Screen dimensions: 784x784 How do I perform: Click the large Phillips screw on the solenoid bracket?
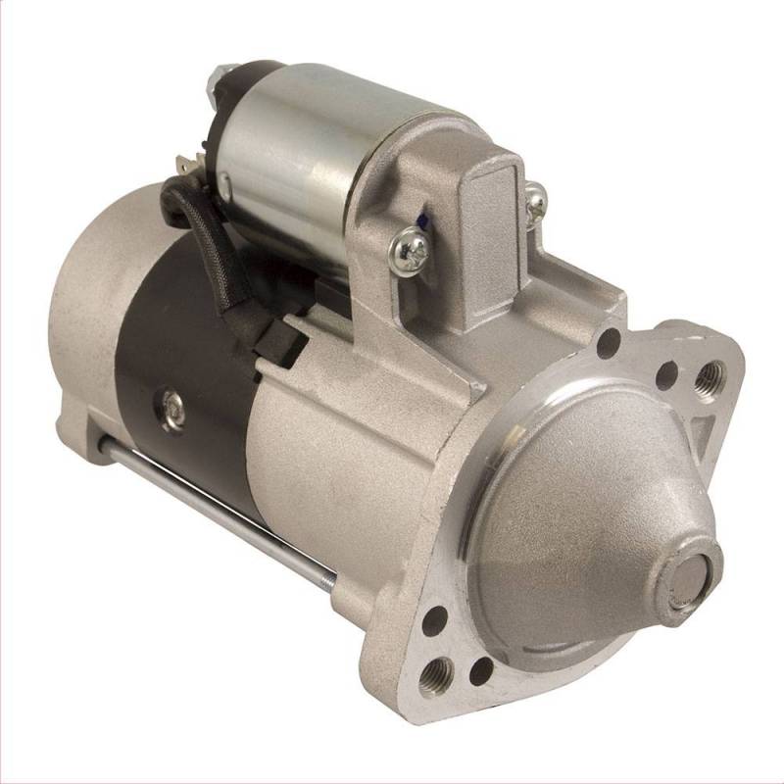409,250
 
